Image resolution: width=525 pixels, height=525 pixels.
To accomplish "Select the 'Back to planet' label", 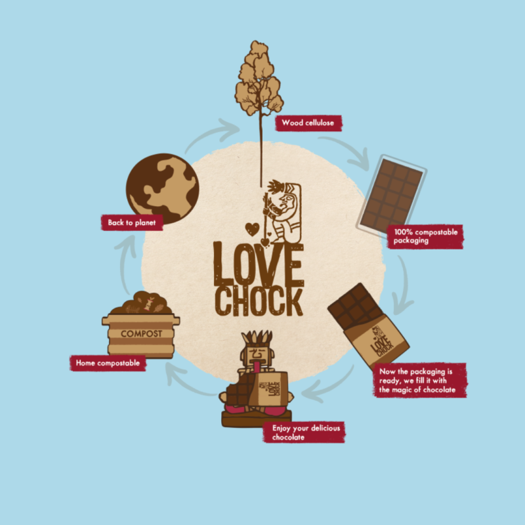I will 131,222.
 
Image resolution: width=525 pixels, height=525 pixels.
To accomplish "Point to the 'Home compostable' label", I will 108,362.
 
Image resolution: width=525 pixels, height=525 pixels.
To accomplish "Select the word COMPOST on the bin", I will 140,333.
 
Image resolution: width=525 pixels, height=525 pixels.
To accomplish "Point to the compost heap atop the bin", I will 141,304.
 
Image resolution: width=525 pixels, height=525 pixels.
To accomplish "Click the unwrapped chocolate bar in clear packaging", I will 392,194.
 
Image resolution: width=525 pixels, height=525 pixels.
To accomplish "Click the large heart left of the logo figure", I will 251,229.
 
